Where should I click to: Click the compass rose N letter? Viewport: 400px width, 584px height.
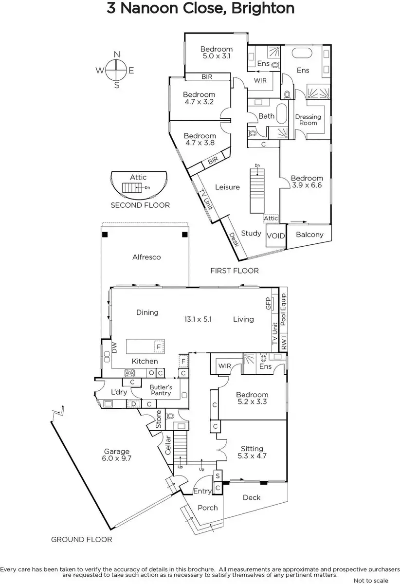point(117,54)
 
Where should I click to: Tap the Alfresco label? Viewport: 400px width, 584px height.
point(146,257)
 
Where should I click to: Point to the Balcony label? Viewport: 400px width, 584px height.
point(309,235)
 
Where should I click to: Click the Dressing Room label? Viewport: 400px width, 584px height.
point(308,120)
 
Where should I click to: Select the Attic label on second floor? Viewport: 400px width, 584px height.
point(138,177)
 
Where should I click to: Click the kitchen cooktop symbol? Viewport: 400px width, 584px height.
point(130,373)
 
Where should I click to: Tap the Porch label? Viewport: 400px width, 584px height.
point(208,508)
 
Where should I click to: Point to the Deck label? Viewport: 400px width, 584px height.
point(251,497)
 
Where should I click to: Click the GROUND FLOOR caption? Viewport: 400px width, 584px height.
point(82,539)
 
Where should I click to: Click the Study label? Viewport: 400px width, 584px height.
point(252,233)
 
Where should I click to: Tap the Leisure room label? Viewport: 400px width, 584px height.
point(227,187)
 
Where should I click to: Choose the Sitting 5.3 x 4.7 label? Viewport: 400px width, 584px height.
point(252,452)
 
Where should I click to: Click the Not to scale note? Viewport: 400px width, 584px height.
point(371,580)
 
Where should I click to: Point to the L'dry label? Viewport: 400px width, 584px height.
point(119,392)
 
